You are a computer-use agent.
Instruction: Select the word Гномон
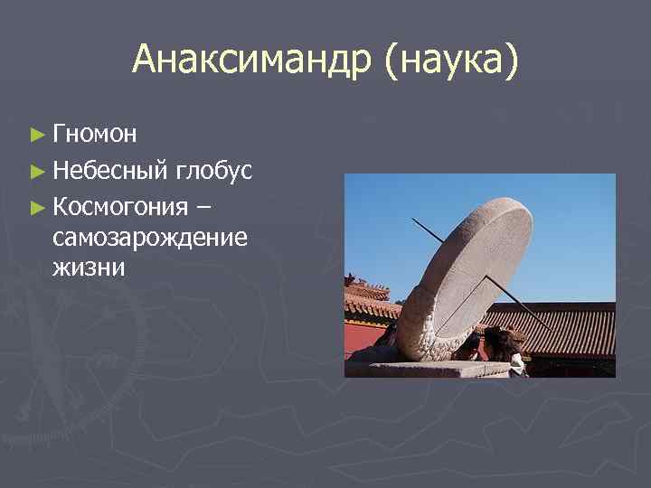tap(95, 135)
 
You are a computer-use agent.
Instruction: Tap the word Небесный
tap(111, 170)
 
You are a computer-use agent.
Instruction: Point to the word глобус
tap(214, 170)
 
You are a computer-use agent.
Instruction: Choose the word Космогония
tap(121, 206)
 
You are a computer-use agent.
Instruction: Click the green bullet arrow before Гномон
tap(36, 136)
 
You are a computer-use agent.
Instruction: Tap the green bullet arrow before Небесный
tap(36, 171)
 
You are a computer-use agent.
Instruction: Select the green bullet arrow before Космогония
tap(36, 207)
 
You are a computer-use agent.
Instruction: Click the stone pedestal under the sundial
tap(425, 367)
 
